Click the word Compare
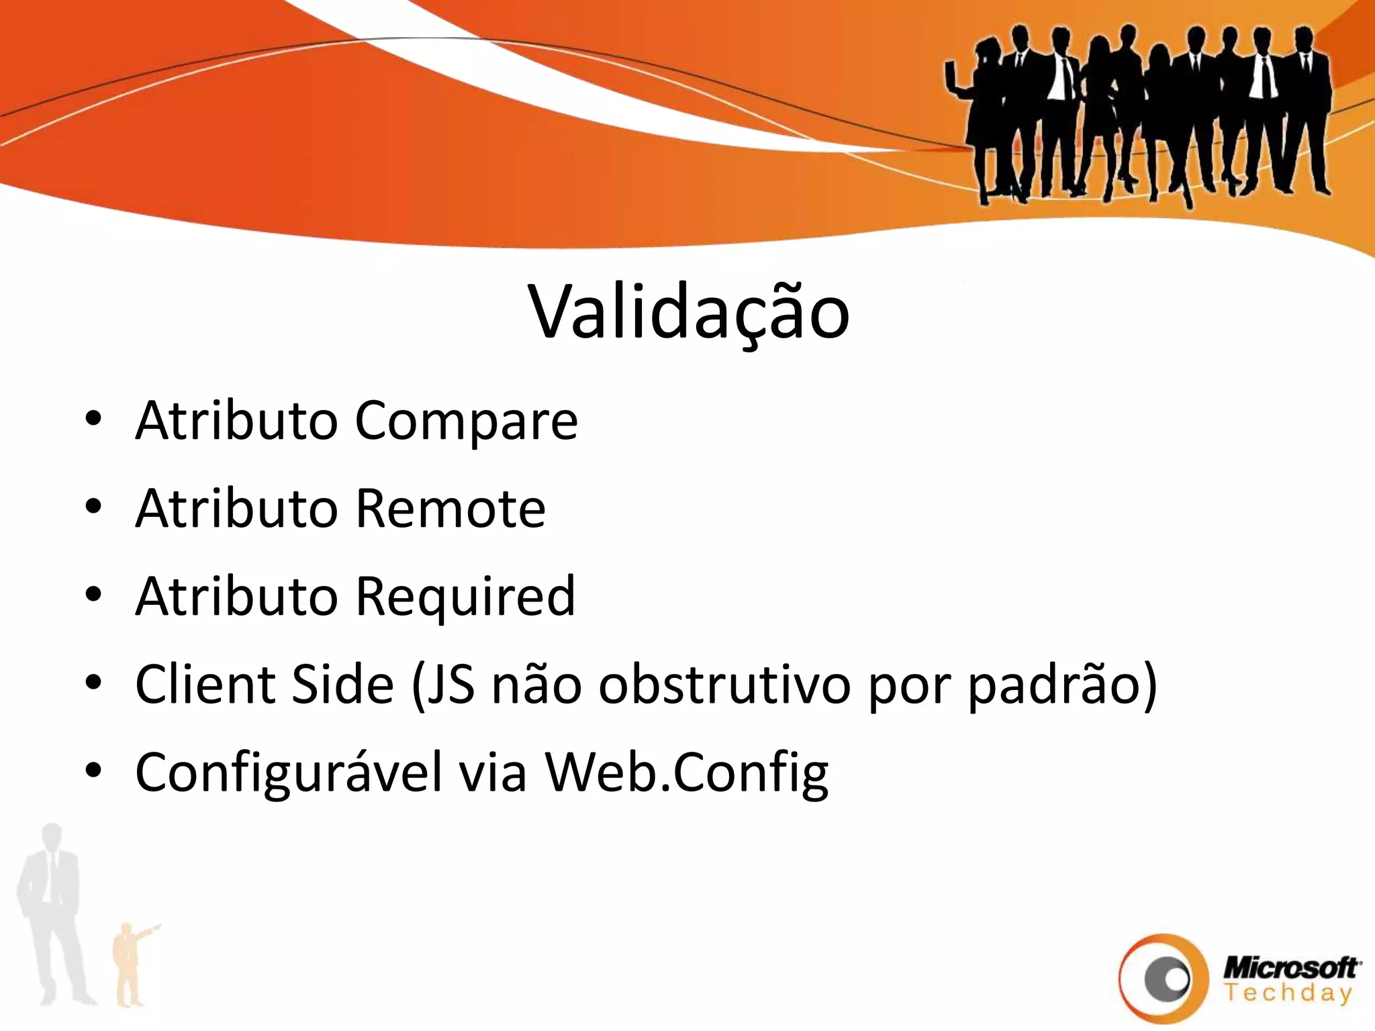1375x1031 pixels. coord(466,421)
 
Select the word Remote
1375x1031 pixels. coord(450,509)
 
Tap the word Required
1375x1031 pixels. coord(465,597)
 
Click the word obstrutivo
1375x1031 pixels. coord(724,684)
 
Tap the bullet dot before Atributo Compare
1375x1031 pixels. coord(93,419)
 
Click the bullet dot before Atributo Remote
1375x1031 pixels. coord(93,507)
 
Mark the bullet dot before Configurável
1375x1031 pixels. coord(93,771)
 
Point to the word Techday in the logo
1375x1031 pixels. coord(1287,993)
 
